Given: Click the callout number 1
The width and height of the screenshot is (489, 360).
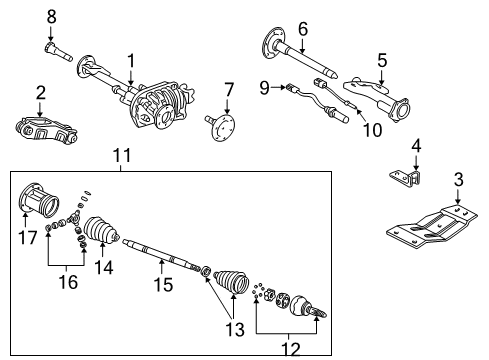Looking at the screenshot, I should pyautogui.click(x=130, y=61).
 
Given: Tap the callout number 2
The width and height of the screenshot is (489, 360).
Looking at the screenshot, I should pyautogui.click(x=41, y=94).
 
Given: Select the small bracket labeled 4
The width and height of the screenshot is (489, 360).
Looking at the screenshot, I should pyautogui.click(x=406, y=178).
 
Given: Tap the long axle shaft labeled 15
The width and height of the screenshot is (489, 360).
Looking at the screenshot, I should pyautogui.click(x=160, y=254).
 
